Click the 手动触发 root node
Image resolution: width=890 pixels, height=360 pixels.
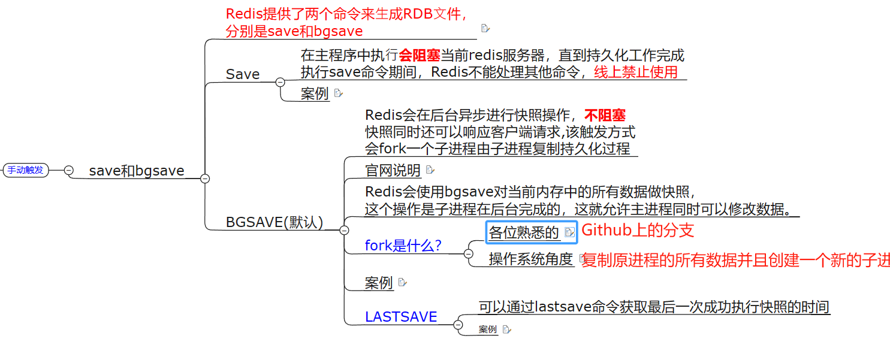pos(26,170)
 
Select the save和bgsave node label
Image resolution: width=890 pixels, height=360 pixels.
pos(137,171)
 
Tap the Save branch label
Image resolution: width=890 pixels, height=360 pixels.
pos(243,74)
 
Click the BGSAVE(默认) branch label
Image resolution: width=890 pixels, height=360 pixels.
pos(274,222)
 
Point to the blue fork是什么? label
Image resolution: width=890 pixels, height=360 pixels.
pos(403,246)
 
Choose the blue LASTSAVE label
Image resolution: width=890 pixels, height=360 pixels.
pos(401,317)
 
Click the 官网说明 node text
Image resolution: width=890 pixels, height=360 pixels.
pos(393,171)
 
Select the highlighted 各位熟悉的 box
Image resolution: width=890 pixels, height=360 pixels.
pos(524,232)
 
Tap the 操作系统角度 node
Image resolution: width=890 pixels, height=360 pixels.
pos(531,259)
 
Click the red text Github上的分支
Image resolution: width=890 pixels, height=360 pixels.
pos(638,230)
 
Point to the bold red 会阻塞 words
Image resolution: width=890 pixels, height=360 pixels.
pos(420,56)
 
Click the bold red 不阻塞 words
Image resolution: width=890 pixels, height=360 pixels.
pos(605,116)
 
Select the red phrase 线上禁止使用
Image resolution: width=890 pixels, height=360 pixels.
pos(636,72)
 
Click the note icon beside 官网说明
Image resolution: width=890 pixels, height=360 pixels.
pos(430,170)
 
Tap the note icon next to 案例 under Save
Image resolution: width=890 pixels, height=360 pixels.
pos(338,93)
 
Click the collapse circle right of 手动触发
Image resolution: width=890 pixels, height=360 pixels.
pos(69,170)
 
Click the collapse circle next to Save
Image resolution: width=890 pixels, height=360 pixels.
pos(280,82)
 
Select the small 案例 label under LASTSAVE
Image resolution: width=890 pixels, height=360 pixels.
pos(488,329)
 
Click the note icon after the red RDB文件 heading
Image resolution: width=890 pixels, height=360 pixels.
pos(485,28)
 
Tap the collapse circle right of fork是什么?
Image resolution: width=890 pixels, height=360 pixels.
pos(469,253)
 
